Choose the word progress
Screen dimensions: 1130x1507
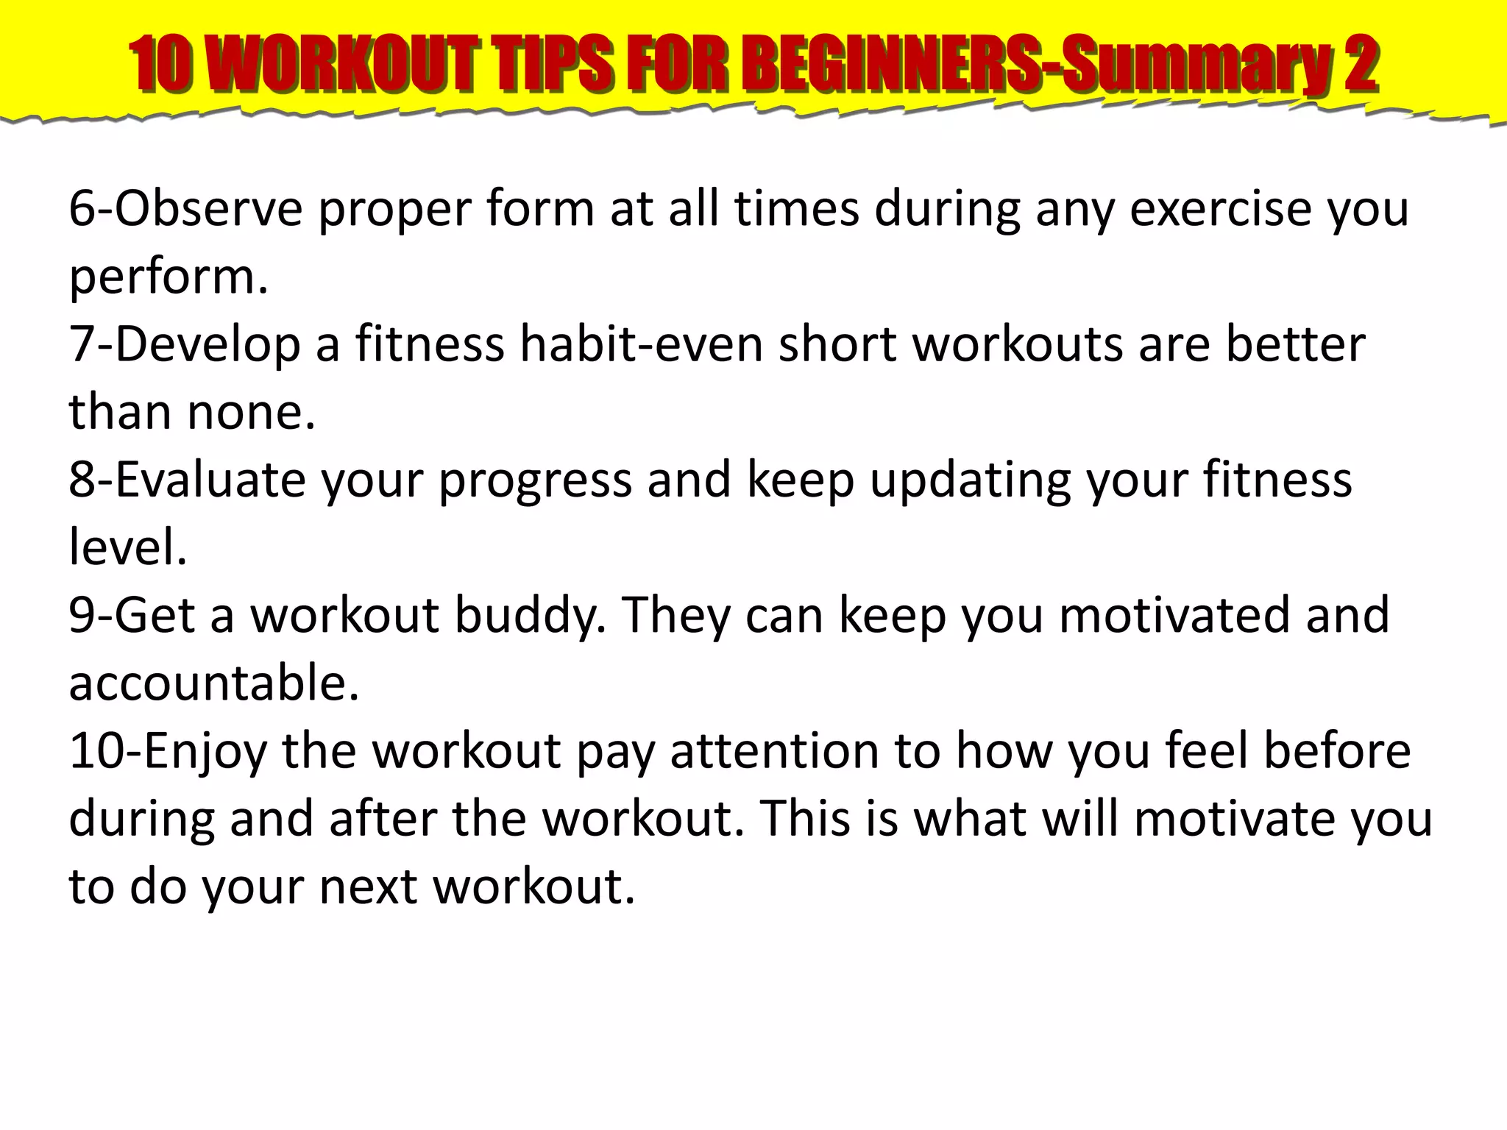coord(536,481)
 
